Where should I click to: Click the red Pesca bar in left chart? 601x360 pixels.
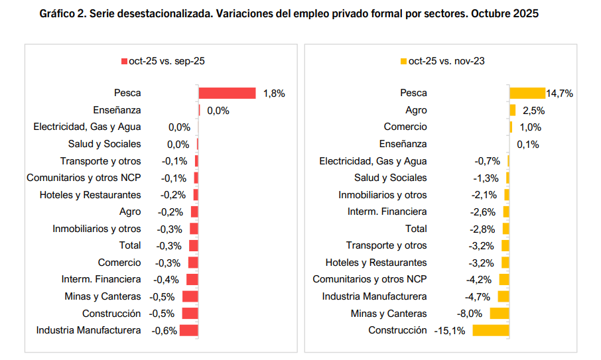(227, 93)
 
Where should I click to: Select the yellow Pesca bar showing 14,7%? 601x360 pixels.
(527, 93)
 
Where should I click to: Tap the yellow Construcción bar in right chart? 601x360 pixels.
(490, 330)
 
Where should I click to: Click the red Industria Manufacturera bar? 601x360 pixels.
(189, 330)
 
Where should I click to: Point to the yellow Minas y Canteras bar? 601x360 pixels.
(499, 314)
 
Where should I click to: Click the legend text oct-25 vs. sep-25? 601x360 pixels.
(167, 61)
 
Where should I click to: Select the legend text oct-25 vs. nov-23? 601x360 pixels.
(446, 61)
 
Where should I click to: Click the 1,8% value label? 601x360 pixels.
(274, 93)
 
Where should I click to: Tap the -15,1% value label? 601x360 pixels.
(450, 330)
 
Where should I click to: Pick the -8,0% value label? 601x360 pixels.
(469, 314)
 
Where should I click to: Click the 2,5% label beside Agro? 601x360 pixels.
(533, 111)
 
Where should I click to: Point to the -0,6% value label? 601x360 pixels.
(165, 330)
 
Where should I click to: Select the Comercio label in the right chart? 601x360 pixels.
(405, 127)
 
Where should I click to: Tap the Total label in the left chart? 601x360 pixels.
(129, 245)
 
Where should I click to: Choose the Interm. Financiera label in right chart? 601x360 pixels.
(387, 211)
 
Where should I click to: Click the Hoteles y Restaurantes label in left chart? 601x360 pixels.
(90, 195)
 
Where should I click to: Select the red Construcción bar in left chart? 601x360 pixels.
(190, 314)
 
